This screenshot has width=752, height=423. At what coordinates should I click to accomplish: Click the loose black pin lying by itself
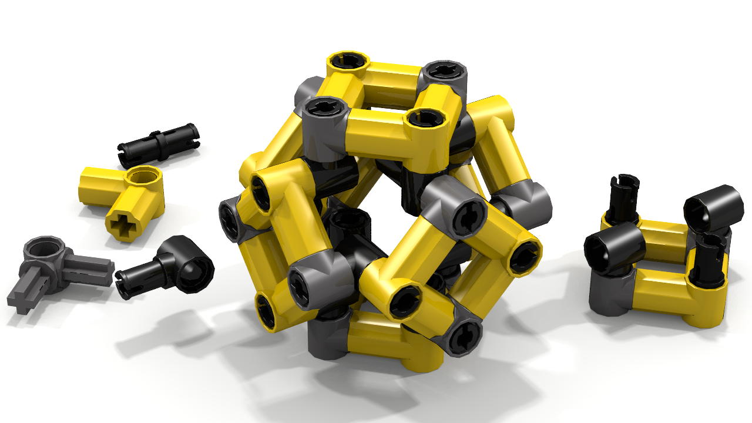(159, 143)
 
